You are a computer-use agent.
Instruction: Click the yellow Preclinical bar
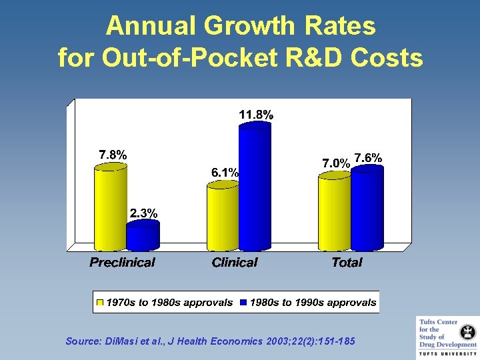click(x=111, y=207)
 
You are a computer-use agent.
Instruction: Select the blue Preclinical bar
click(x=143, y=236)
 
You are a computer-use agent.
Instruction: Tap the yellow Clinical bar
click(x=223, y=217)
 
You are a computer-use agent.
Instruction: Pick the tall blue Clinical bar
click(x=255, y=187)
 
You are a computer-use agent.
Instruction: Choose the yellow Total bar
click(x=334, y=210)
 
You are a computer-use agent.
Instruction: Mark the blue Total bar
click(x=367, y=207)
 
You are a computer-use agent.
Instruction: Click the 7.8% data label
click(x=113, y=155)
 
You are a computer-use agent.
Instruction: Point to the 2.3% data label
click(x=143, y=213)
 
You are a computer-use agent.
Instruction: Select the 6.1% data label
click(x=225, y=172)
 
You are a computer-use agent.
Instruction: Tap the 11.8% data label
click(x=256, y=115)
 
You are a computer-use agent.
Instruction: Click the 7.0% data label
click(x=336, y=163)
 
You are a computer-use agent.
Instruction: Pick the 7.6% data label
click(x=368, y=157)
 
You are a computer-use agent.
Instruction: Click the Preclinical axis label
click(x=122, y=262)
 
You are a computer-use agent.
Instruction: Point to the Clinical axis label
click(x=234, y=262)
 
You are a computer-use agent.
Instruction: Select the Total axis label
click(x=347, y=262)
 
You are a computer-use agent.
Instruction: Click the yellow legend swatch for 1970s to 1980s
click(x=101, y=303)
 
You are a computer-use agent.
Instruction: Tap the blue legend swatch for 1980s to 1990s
click(x=244, y=303)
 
